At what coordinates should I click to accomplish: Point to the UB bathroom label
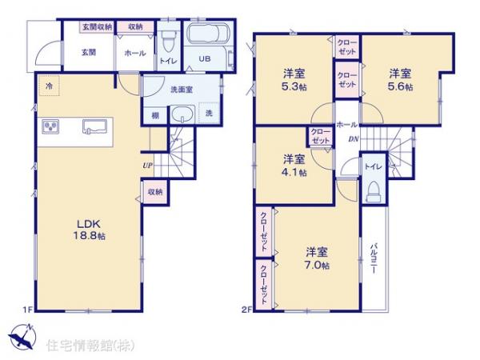click(204, 58)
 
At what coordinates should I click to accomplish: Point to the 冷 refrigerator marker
click(48, 85)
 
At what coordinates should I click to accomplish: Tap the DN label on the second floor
click(352, 138)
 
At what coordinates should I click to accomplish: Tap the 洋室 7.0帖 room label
click(316, 258)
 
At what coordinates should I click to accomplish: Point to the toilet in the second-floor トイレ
click(372, 191)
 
